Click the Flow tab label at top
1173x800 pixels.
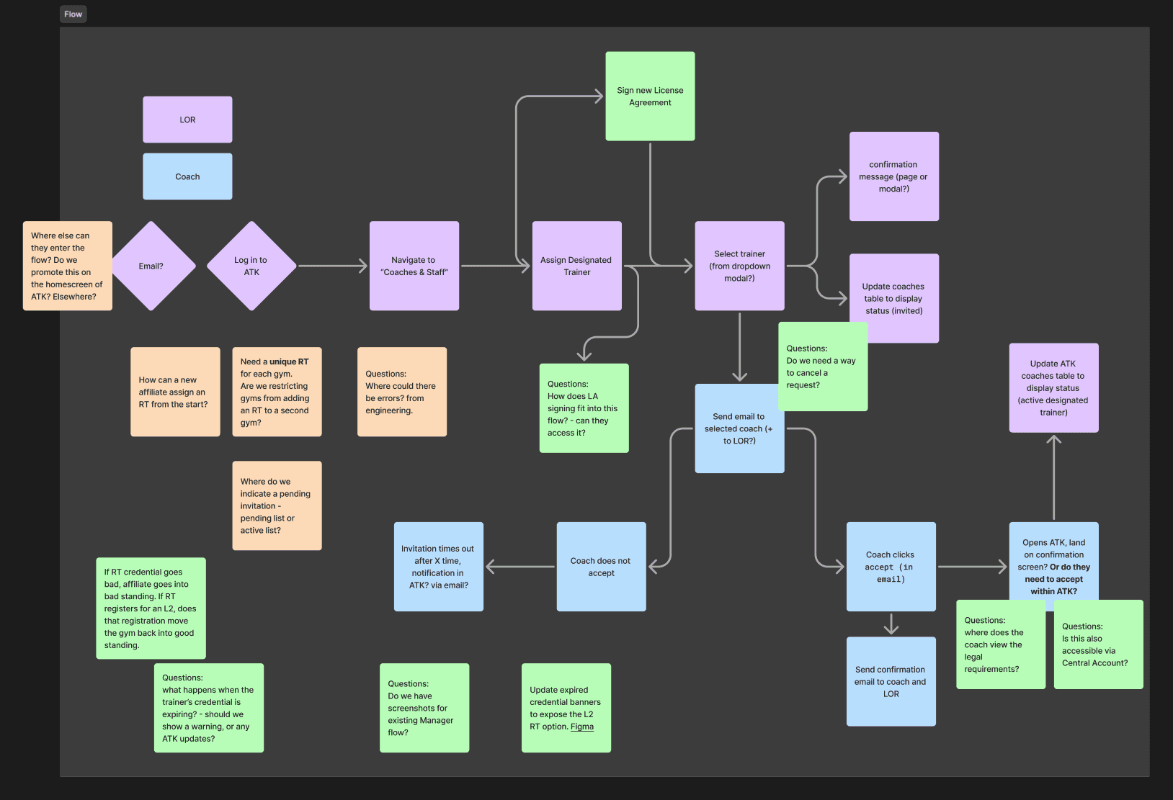(73, 14)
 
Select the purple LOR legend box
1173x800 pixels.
(187, 120)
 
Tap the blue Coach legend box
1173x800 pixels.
(187, 176)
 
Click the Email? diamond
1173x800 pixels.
(151, 266)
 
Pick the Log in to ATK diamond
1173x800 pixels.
(251, 266)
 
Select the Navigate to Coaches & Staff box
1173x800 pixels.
(414, 266)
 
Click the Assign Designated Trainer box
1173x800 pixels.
(576, 266)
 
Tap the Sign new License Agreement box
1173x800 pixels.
(650, 96)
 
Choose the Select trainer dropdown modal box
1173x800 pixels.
(739, 266)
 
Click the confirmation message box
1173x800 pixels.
(893, 176)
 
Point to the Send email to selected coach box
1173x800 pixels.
(739, 428)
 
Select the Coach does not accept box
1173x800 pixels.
(601, 567)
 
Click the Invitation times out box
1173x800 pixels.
(438, 567)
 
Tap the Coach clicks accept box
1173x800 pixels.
(891, 567)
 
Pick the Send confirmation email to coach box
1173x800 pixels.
(891, 681)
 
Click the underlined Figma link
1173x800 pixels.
(582, 727)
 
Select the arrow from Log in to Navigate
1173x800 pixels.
(333, 266)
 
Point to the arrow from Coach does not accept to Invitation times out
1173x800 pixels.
(520, 567)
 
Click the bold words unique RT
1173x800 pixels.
(289, 361)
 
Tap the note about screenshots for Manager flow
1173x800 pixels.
(424, 708)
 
